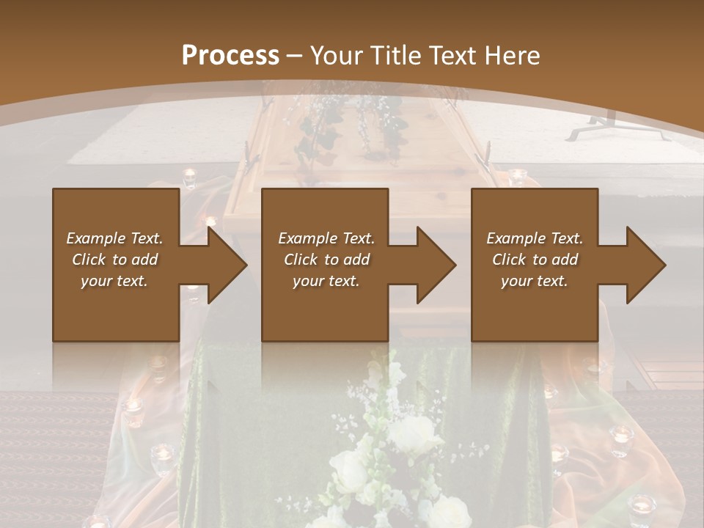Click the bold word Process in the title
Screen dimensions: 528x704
pos(230,55)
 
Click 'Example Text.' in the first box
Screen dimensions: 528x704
pos(114,238)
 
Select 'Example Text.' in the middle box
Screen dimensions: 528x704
pos(326,238)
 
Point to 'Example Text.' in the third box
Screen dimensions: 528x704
pos(535,238)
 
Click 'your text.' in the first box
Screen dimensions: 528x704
pos(114,281)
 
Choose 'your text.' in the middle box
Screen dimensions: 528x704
pos(326,281)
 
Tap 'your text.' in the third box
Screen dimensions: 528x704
pos(535,281)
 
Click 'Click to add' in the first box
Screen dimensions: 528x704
pos(114,260)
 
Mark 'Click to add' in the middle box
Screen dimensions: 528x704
pos(326,260)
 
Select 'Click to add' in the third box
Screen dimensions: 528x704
pos(535,260)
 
